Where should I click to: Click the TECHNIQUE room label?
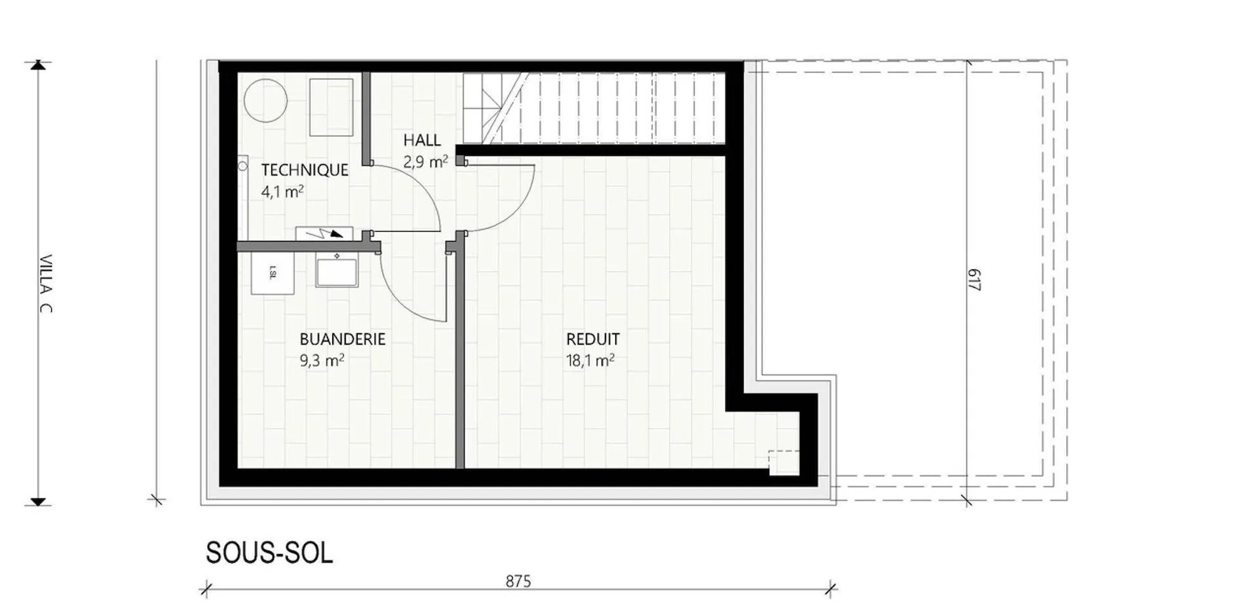(305, 170)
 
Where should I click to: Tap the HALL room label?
(422, 140)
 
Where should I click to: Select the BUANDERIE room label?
(343, 339)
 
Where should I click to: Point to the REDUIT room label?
(593, 339)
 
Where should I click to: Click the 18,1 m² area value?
(590, 360)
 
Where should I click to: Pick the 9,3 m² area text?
(322, 360)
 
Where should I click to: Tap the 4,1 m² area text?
(282, 192)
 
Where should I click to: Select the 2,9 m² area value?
(426, 161)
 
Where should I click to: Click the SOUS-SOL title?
(269, 553)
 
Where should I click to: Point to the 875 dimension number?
(518, 581)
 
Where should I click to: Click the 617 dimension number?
(974, 280)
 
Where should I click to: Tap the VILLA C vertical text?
(45, 284)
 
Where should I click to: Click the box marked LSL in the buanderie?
(273, 273)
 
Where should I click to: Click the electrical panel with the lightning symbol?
(324, 234)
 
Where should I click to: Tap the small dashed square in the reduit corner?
(784, 462)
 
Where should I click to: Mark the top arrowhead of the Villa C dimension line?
(39, 64)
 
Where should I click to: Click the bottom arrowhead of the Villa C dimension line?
(39, 502)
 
